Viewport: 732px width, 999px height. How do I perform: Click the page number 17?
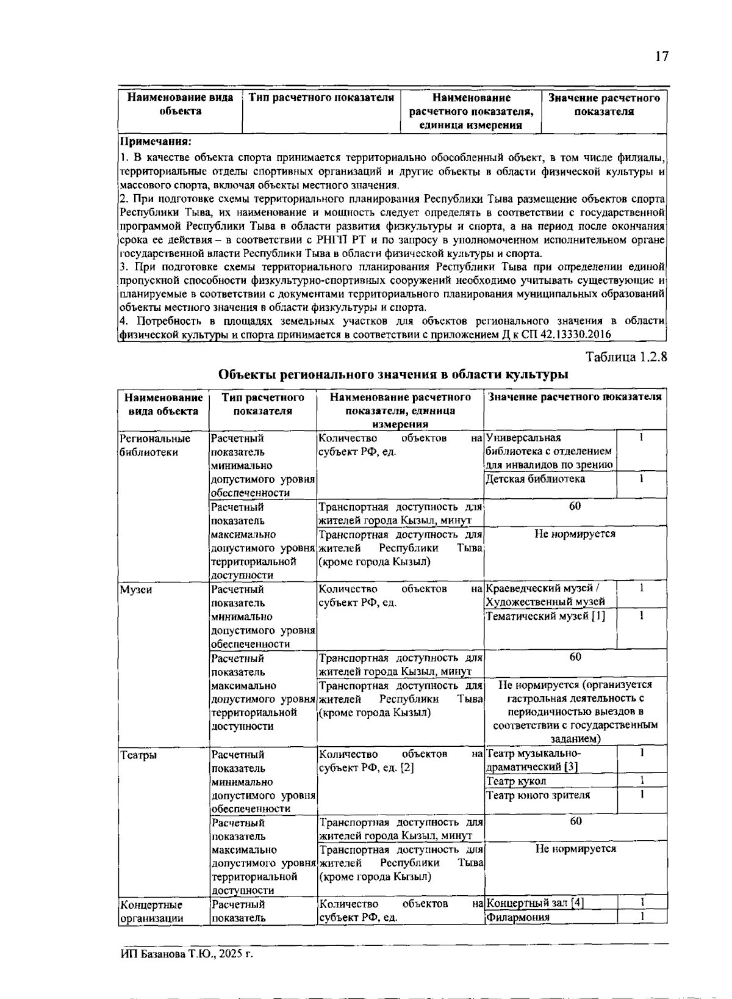(x=662, y=57)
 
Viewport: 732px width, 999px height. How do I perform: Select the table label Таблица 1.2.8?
(x=626, y=357)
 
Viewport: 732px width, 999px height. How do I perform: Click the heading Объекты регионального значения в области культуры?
(x=393, y=374)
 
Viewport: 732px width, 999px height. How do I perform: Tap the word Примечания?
(x=155, y=142)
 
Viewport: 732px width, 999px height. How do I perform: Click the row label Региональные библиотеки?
(x=155, y=445)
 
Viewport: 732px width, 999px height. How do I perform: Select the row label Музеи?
(x=136, y=590)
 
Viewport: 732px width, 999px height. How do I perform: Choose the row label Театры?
(x=138, y=755)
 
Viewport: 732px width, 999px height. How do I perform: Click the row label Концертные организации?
(x=151, y=911)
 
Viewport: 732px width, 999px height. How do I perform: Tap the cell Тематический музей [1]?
(x=546, y=616)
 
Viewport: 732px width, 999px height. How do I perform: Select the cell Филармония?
(x=518, y=917)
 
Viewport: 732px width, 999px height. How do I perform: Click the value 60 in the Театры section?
(x=575, y=821)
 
